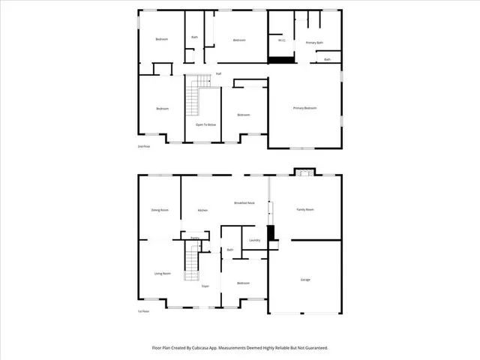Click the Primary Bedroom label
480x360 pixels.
click(x=304, y=109)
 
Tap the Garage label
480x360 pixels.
click(x=305, y=280)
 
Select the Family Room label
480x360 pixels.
click(x=304, y=210)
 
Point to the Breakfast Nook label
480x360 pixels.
click(x=244, y=203)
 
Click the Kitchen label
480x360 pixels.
click(x=202, y=211)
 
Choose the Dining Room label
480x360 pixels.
click(x=160, y=211)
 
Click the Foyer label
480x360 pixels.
click(x=205, y=286)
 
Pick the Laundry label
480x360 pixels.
click(x=254, y=240)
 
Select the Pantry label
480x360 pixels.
click(x=194, y=238)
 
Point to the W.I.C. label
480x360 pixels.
click(x=280, y=41)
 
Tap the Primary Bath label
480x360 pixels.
click(x=314, y=43)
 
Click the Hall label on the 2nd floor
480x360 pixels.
click(x=218, y=73)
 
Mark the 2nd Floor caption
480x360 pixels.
click(x=143, y=146)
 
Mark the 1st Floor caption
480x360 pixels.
click(x=143, y=310)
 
